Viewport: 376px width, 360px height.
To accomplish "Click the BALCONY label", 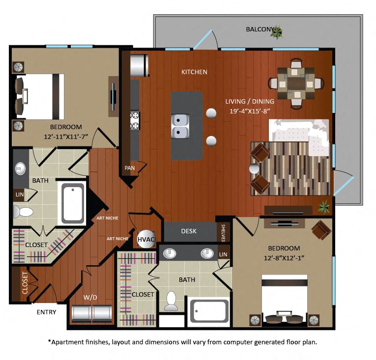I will coord(259,29).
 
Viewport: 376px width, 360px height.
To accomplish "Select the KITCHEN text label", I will coord(194,72).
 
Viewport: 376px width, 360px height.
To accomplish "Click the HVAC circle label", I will coord(146,239).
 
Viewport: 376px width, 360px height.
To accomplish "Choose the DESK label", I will coord(189,231).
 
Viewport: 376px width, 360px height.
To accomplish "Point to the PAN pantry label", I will coord(130,168).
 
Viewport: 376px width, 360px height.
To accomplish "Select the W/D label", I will coord(90,297).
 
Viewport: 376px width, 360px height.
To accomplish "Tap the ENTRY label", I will coord(46,312).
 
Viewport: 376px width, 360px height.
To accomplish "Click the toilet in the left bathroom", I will coord(23,212).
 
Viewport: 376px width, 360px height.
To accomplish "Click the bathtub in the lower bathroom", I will coord(210,311).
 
